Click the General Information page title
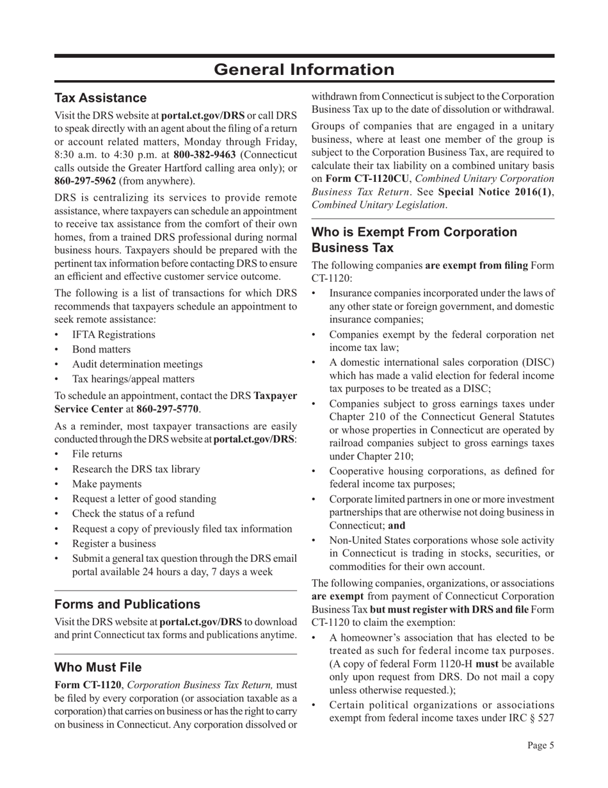(x=304, y=69)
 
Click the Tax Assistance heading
(x=100, y=98)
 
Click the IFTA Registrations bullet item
(x=113, y=334)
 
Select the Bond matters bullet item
(x=101, y=349)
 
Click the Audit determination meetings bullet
(x=137, y=364)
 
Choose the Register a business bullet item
(x=114, y=543)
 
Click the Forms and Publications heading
(x=127, y=604)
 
